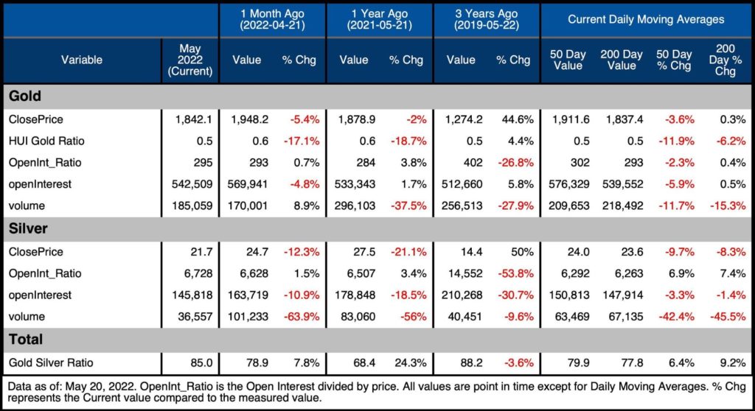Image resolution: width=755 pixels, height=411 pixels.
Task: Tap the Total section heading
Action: tap(25, 340)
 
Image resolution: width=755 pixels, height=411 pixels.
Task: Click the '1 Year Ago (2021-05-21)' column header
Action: tap(379, 20)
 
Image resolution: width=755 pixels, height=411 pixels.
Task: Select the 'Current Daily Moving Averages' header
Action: tap(646, 20)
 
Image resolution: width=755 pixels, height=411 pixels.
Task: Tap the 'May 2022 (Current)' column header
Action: tap(189, 60)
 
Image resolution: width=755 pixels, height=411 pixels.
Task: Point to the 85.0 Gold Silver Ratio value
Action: tap(198, 362)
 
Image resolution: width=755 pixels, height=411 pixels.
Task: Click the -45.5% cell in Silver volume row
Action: tap(728, 317)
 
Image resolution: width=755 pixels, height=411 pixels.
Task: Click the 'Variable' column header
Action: tap(81, 60)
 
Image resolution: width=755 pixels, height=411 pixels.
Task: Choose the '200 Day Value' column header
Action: tap(621, 60)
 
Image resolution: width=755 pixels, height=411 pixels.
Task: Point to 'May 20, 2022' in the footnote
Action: tap(102, 385)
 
